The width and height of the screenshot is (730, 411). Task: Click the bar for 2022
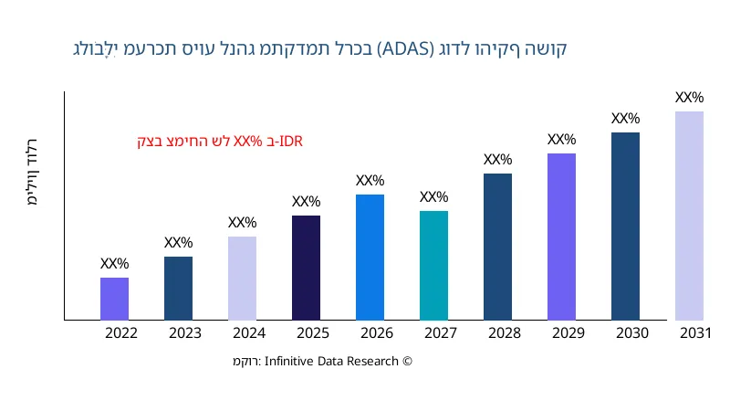pos(114,299)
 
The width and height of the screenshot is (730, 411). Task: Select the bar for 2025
pos(306,268)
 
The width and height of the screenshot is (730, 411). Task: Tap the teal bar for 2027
pos(433,266)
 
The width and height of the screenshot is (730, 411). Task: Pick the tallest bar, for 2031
pos(689,216)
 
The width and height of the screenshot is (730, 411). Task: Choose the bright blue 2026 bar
pos(370,258)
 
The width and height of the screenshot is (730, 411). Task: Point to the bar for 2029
pos(561,237)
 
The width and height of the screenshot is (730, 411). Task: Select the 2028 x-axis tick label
pos(505,333)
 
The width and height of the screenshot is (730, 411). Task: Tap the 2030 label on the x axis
pos(632,333)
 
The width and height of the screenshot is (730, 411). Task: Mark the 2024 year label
pos(249,333)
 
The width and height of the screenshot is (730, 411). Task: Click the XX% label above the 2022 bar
pos(114,264)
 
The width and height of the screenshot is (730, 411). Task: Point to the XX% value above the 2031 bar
pos(689,98)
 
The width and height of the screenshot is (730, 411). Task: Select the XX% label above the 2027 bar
pos(433,197)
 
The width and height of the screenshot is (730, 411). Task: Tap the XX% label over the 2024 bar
pos(242,223)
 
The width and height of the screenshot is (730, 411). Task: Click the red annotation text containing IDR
pos(220,142)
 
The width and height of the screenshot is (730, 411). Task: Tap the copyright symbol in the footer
pos(408,362)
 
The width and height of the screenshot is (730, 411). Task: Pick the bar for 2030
pos(625,227)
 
